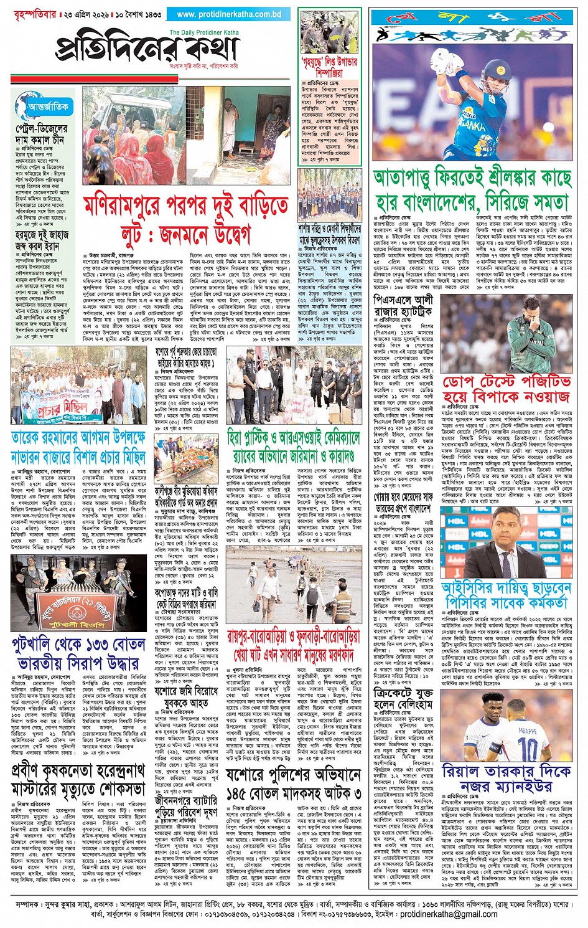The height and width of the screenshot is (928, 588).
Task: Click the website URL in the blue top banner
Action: coord(229,14)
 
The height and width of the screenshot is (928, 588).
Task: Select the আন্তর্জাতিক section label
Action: coord(48,107)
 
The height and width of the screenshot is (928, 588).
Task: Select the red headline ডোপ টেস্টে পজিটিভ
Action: coord(506,388)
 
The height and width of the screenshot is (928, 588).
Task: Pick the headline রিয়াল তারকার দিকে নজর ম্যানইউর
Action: coord(506,779)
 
